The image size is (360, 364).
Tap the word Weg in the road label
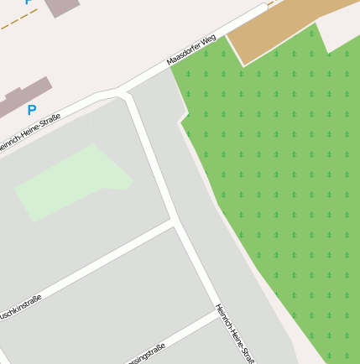point(209,39)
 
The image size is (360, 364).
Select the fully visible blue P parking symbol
point(32,110)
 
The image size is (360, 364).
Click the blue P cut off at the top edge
point(29,3)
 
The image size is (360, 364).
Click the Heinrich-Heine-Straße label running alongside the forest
point(235,334)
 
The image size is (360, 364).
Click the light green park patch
point(71,180)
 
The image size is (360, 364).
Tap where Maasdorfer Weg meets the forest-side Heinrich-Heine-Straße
point(126,91)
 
